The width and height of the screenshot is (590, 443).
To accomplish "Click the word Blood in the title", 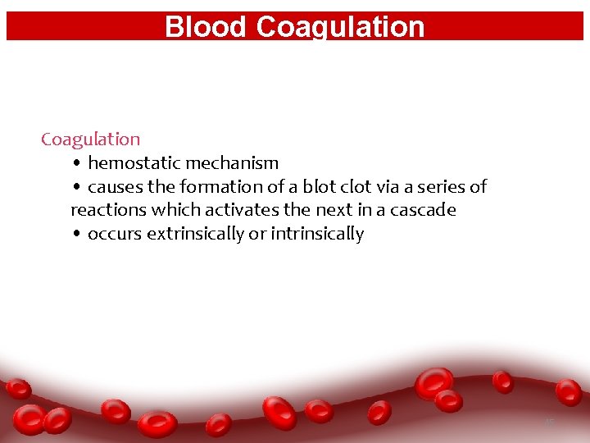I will [x=206, y=27].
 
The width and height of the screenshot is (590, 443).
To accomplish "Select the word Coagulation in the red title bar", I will [x=340, y=27].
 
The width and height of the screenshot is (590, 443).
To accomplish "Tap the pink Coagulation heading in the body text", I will [x=90, y=139].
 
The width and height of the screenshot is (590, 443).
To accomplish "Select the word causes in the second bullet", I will [x=115, y=187].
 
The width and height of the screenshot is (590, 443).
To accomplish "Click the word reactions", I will [x=108, y=210].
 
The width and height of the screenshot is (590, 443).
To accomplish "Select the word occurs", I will [x=114, y=234].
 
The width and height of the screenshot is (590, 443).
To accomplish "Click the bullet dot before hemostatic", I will [x=75, y=164].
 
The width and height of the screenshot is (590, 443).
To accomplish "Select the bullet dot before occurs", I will [x=75, y=235].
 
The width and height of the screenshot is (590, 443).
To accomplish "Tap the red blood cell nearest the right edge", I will [x=568, y=391].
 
